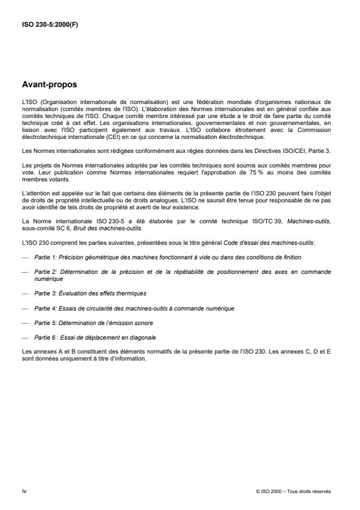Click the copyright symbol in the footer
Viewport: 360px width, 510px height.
click(257, 491)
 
